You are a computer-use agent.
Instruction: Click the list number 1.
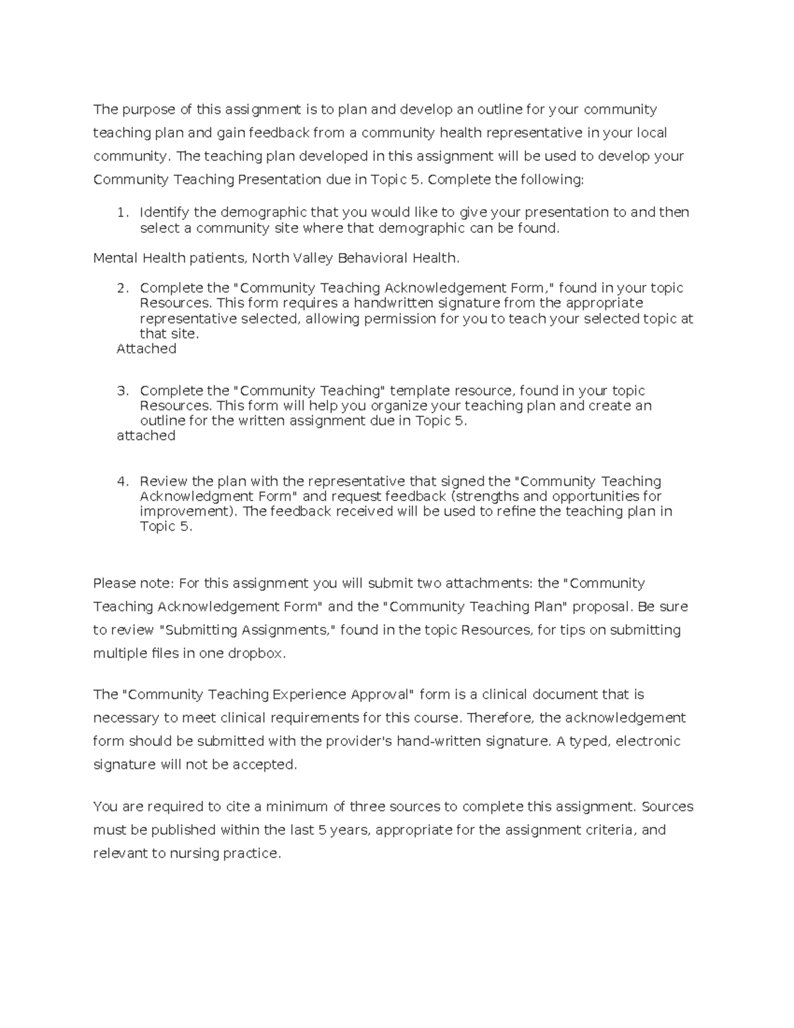click(121, 212)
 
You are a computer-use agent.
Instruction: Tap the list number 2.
click(121, 288)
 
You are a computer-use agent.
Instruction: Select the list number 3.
click(121, 391)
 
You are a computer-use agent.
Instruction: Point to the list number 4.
click(121, 481)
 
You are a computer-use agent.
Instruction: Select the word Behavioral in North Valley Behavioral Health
click(373, 258)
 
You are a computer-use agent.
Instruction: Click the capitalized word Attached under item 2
click(146, 349)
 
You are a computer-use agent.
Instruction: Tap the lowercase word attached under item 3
click(146, 436)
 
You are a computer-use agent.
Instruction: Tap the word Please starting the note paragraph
click(114, 583)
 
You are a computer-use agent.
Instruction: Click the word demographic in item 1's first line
click(263, 212)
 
